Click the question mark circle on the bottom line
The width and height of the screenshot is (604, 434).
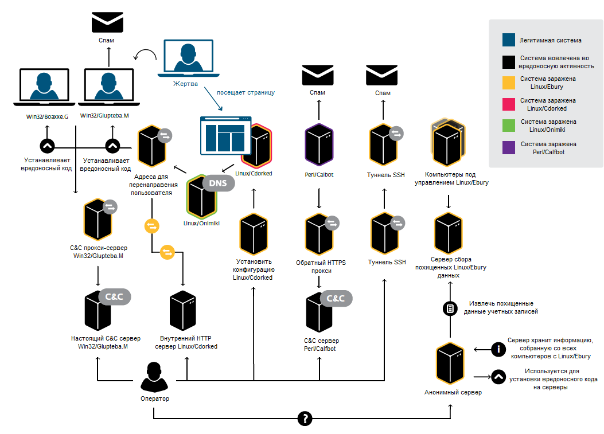pyautogui.click(x=305, y=419)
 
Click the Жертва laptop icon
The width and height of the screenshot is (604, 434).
pyautogui.click(x=188, y=57)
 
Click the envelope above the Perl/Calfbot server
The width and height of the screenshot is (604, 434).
pyautogui.click(x=318, y=75)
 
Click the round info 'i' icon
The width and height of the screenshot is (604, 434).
pyautogui.click(x=498, y=348)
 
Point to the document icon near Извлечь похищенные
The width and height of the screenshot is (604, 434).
pyautogui.click(x=450, y=308)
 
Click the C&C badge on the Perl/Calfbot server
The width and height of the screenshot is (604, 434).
pyautogui.click(x=336, y=299)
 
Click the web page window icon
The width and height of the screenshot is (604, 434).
pyautogui.click(x=224, y=135)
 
